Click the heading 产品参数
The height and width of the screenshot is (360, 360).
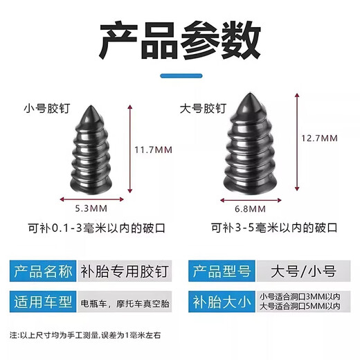pyautogui.click(x=179, y=41)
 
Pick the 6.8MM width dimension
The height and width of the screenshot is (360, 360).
pyautogui.click(x=253, y=206)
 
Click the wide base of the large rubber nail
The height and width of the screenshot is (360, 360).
pyautogui.click(x=253, y=185)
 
